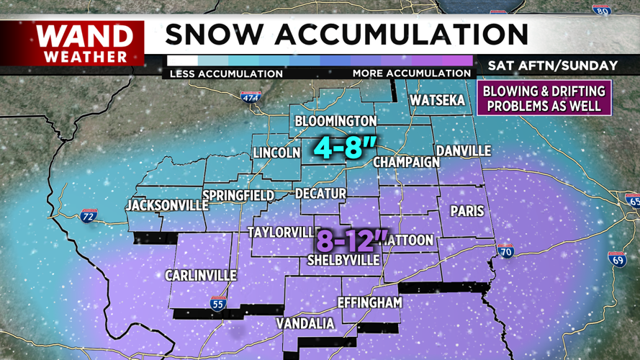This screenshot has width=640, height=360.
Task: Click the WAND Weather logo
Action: tap(85, 42)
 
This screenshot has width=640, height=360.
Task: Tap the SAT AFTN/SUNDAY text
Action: tap(552, 66)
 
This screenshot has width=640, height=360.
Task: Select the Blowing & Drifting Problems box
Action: tap(544, 98)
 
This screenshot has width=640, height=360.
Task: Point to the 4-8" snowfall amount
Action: tap(344, 148)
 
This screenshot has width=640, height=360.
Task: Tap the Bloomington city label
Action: tap(335, 120)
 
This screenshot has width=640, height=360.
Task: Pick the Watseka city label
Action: tap(438, 101)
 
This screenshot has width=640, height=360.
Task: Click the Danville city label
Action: tap(463, 150)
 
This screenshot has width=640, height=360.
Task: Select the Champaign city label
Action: tap(406, 162)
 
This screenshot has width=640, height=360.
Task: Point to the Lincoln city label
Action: tap(276, 153)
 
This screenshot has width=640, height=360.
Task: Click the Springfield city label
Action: tap(238, 195)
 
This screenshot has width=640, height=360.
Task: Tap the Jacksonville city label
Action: tap(166, 206)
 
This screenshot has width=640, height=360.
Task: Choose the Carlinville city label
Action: tap(201, 276)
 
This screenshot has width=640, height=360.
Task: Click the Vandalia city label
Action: tap(306, 323)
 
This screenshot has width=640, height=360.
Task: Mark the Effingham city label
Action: tap(369, 302)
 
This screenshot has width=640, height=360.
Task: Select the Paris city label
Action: tap(467, 211)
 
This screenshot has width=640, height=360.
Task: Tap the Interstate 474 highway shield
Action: tap(250, 97)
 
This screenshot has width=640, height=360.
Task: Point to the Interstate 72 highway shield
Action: tap(89, 216)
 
